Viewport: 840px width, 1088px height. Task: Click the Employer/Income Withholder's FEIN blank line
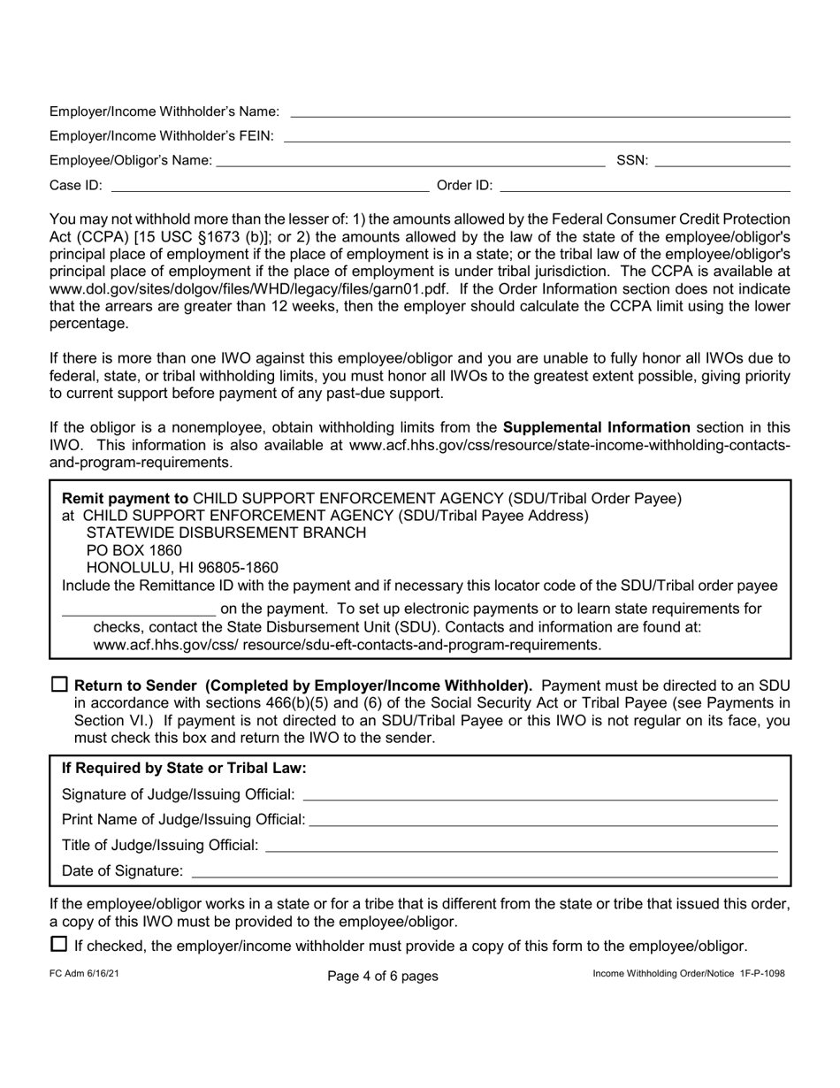[x=536, y=136]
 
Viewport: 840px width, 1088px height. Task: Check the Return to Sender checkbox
[x=59, y=685]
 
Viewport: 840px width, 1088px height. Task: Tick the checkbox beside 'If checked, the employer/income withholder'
[x=59, y=944]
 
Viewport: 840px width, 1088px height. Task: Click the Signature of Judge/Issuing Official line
[x=540, y=795]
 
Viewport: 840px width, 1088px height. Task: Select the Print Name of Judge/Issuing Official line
[x=543, y=821]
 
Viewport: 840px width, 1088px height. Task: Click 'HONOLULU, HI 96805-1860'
[x=181, y=568]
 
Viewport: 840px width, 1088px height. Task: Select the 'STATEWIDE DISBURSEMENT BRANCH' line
[x=225, y=533]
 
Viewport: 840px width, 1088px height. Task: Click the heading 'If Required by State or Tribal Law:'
[x=184, y=768]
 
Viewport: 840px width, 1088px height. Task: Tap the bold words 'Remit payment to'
[x=125, y=498]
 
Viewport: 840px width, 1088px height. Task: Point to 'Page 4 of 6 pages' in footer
[x=382, y=977]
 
